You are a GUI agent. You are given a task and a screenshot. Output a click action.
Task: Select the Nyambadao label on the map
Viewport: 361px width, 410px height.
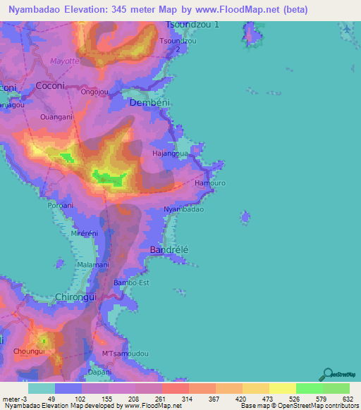183,210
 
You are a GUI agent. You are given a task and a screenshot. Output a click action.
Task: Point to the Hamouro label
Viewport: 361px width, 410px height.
209,182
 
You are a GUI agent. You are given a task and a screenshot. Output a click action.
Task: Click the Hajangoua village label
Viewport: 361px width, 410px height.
170,153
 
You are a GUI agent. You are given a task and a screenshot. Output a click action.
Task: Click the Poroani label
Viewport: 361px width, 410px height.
60,205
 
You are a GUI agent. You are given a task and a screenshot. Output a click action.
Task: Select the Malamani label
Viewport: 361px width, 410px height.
92,265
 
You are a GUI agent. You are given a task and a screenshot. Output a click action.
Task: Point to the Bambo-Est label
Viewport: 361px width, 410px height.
132,283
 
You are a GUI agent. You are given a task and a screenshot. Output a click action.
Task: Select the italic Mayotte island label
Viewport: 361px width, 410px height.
66,61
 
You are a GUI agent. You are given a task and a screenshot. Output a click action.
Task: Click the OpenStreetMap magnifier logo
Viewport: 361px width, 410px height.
328,375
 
